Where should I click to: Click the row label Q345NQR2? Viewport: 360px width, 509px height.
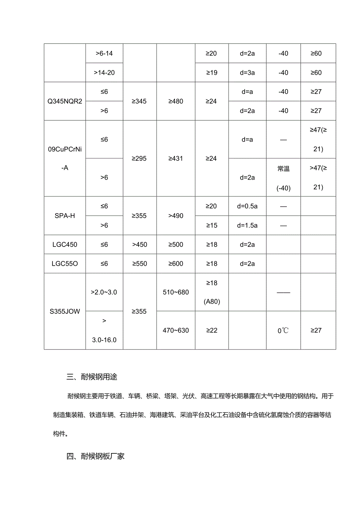tap(65, 101)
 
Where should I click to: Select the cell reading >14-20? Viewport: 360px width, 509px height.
tap(104, 72)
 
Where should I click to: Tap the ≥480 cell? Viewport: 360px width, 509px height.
tap(176, 101)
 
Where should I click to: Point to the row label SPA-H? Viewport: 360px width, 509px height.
tap(65, 216)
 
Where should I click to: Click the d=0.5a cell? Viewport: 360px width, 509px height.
tap(247, 206)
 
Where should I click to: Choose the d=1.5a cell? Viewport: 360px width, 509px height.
tap(247, 225)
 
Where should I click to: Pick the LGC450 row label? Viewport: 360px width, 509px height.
tap(65, 245)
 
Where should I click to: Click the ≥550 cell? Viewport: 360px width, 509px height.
tap(139, 264)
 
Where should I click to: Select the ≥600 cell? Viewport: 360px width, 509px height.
tap(176, 264)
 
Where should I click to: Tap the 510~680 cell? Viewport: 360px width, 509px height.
tap(176, 292)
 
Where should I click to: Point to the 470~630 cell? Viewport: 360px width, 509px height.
tap(176, 330)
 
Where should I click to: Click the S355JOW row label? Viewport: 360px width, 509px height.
tap(65, 311)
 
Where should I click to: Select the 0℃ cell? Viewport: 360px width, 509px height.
tap(283, 331)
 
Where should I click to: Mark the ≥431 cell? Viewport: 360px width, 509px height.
tap(176, 158)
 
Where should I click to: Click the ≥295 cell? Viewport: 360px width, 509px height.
tap(139, 158)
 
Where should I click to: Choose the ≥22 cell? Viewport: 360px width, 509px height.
tap(211, 330)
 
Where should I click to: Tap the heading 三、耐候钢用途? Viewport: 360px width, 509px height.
tap(92, 377)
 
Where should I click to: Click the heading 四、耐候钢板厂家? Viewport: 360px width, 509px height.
tap(96, 456)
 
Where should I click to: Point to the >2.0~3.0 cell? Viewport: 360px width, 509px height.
tap(104, 292)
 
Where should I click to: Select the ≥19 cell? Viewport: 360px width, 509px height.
tap(211, 72)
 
